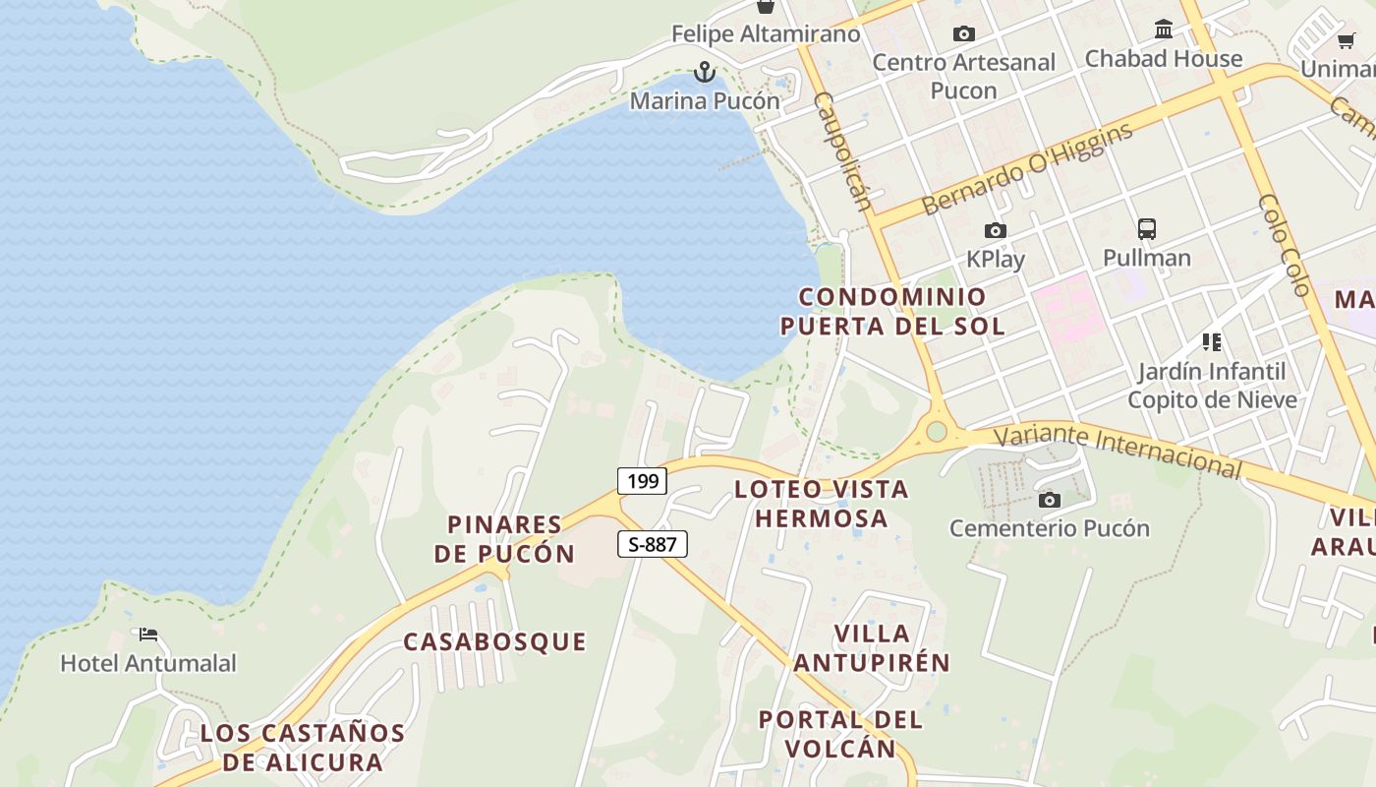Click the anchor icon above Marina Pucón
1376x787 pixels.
pyautogui.click(x=704, y=72)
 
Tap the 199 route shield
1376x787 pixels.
pyautogui.click(x=642, y=481)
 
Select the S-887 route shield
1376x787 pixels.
pyautogui.click(x=652, y=544)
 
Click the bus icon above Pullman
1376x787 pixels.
pyautogui.click(x=1146, y=229)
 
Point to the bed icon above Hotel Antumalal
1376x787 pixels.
pyautogui.click(x=148, y=635)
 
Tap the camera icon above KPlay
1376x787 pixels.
pyautogui.click(x=996, y=231)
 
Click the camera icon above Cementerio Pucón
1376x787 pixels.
pyautogui.click(x=1050, y=500)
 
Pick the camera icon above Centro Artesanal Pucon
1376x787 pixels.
pyautogui.click(x=964, y=34)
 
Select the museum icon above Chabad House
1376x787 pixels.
pyautogui.click(x=1164, y=29)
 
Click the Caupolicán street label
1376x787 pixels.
pyautogui.click(x=843, y=151)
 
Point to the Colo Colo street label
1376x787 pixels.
pyautogui.click(x=1286, y=245)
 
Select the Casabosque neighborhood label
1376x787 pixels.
pyautogui.click(x=494, y=642)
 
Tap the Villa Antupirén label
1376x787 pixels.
pyautogui.click(x=872, y=648)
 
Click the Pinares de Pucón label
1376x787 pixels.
pyautogui.click(x=504, y=539)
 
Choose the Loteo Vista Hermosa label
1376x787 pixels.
pyautogui.click(x=822, y=504)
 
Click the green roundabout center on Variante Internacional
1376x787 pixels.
pyautogui.click(x=936, y=431)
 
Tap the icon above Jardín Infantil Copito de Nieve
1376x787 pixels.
pyautogui.click(x=1212, y=342)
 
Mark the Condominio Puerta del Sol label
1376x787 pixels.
pyautogui.click(x=892, y=311)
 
